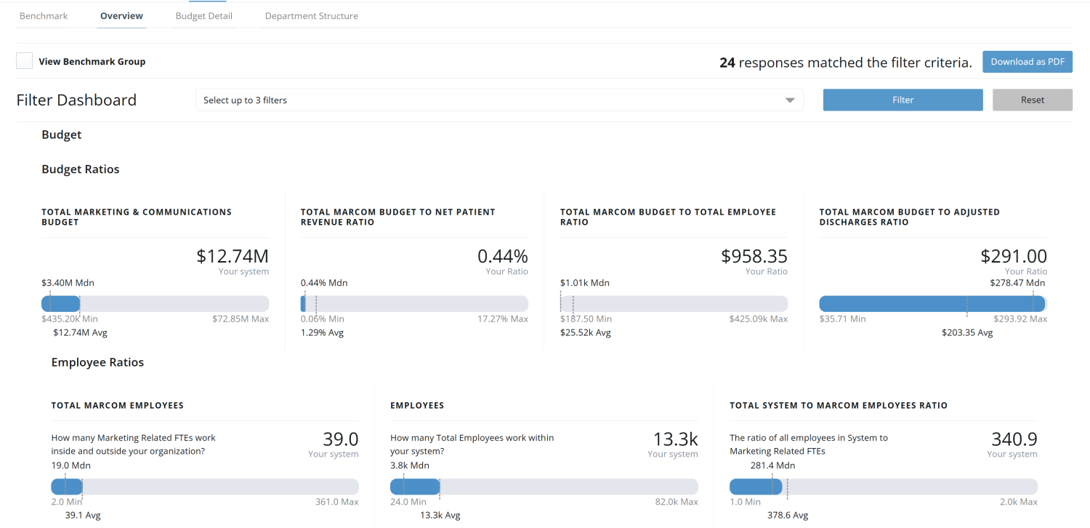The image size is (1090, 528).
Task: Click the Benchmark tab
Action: click(x=44, y=16)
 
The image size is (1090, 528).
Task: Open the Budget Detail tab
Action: click(x=203, y=16)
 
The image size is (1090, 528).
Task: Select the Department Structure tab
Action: click(x=311, y=16)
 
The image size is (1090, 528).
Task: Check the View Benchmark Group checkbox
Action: click(x=25, y=61)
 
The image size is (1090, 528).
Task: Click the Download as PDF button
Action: click(x=1027, y=62)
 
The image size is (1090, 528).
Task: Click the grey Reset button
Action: click(x=1032, y=100)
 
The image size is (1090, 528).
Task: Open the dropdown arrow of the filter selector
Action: click(x=790, y=100)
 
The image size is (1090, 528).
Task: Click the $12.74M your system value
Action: click(x=232, y=256)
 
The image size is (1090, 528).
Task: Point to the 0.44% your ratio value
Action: click(x=502, y=256)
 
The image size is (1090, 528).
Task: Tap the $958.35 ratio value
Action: click(x=754, y=256)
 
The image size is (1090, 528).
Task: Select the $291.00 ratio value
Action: click(x=1013, y=256)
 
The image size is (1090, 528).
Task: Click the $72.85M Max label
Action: click(x=241, y=319)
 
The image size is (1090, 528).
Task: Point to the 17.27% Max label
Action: click(x=502, y=319)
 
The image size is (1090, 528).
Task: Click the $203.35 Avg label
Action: click(x=967, y=333)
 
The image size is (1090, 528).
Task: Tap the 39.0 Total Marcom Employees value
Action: click(x=340, y=439)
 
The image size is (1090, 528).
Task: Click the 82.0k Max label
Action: click(x=676, y=502)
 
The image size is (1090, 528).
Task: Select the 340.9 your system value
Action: click(x=1014, y=439)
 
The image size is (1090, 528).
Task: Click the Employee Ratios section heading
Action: click(x=97, y=363)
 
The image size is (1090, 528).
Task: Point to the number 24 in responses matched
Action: click(x=727, y=63)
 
